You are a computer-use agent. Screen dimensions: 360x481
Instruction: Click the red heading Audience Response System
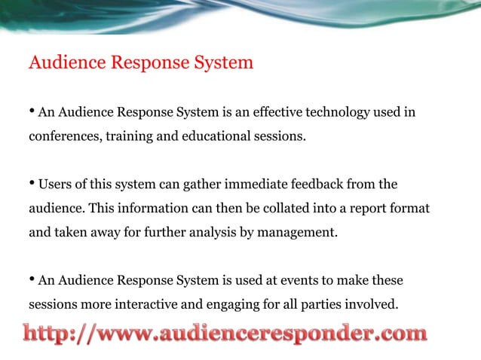pos(141,63)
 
